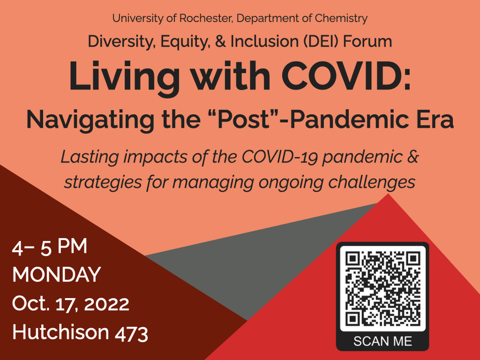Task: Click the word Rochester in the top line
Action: [x=206, y=18]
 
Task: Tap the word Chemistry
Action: [x=341, y=19]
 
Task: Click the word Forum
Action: [x=367, y=42]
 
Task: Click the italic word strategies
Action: [x=103, y=183]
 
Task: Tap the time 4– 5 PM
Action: [x=50, y=247]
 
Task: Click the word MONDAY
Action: [x=56, y=274]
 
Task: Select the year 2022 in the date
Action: [x=107, y=304]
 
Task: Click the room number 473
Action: [x=132, y=333]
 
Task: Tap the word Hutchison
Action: [x=61, y=332]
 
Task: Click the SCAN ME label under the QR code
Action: [x=383, y=342]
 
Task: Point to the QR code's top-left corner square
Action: [x=352, y=258]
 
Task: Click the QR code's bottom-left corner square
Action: [x=352, y=319]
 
